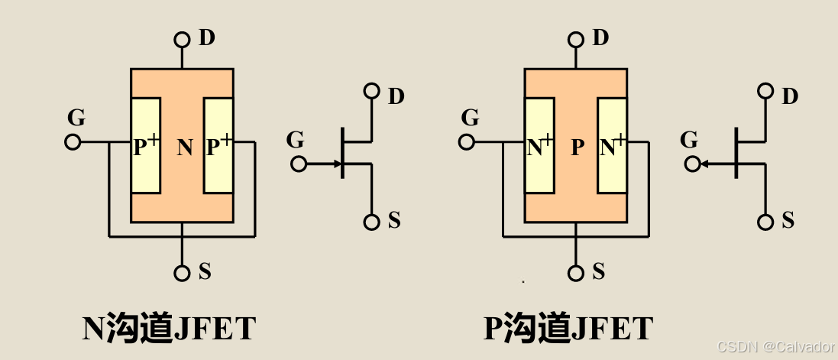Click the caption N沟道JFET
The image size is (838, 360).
pyautogui.click(x=169, y=329)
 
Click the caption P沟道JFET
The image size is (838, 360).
pyautogui.click(x=568, y=329)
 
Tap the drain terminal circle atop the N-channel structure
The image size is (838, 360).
pyautogui.click(x=182, y=39)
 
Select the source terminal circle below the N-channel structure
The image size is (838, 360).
pyautogui.click(x=182, y=273)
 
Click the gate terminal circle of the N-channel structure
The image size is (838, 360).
pyautogui.click(x=73, y=142)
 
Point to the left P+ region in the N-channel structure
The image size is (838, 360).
pyautogui.click(x=146, y=145)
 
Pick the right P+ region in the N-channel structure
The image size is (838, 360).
pyautogui.click(x=218, y=145)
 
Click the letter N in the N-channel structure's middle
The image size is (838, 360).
pyautogui.click(x=185, y=148)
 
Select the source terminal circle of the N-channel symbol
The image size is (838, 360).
pyautogui.click(x=371, y=222)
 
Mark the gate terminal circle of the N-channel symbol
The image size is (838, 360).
pyautogui.click(x=299, y=164)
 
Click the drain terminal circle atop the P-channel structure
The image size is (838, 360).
pyautogui.click(x=576, y=39)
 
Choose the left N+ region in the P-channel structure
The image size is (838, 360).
pyautogui.click(x=540, y=145)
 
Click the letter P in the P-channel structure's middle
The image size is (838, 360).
pyautogui.click(x=578, y=148)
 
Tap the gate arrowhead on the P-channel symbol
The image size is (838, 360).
pyautogui.click(x=705, y=164)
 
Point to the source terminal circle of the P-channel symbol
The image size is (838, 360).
pyautogui.click(x=765, y=222)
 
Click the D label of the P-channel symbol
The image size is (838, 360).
pyautogui.click(x=790, y=96)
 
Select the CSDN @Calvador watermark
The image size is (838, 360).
pyautogui.click(x=776, y=347)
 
